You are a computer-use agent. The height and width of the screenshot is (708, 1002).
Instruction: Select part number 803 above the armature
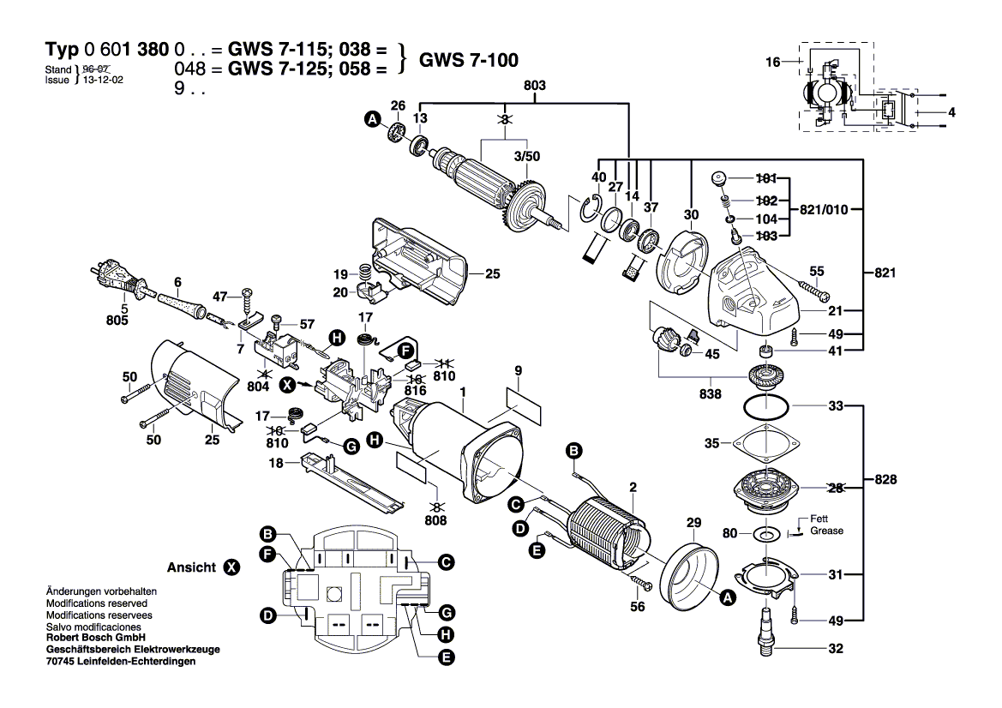click(534, 86)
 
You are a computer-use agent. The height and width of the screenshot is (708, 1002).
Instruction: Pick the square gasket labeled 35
click(765, 444)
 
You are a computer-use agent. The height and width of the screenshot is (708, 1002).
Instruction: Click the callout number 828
click(885, 479)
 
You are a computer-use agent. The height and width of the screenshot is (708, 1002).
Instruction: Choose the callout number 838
click(710, 395)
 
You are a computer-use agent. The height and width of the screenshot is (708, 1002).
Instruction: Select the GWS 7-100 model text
click(468, 59)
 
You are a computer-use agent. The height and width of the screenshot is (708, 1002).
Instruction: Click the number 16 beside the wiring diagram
click(773, 62)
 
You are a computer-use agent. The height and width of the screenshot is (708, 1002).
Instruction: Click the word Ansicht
click(191, 567)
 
